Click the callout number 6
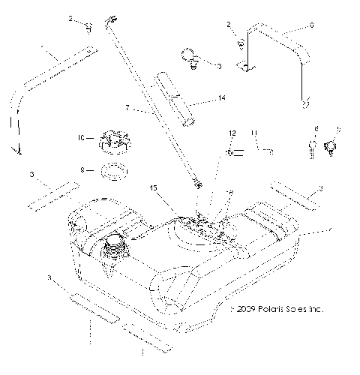point(311,25)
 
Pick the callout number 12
point(232,133)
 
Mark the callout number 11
point(254,133)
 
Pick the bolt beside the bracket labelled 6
point(240,42)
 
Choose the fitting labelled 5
point(330,146)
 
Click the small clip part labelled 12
point(233,153)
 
